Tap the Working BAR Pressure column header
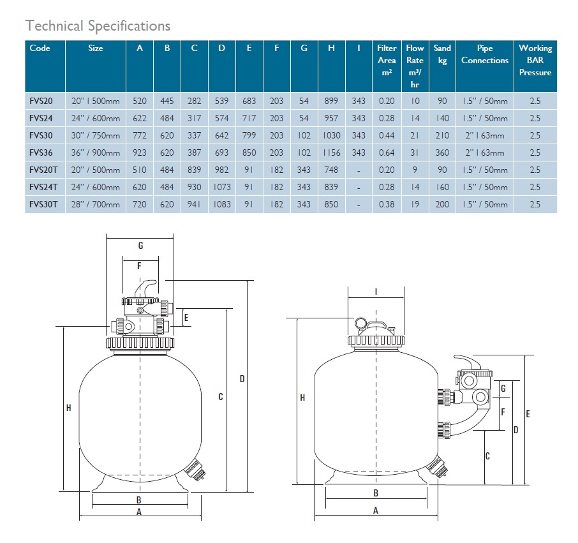pos(535,60)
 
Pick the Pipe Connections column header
pos(484,54)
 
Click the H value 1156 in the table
pos(331,152)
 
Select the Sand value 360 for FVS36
pos(441,152)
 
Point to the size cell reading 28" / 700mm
pos(95,204)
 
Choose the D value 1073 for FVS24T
pos(221,187)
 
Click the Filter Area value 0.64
pos(386,152)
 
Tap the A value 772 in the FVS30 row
pos(139,135)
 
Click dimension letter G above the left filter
pos(140,246)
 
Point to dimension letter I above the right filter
pos(376,292)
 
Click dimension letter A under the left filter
pos(138,512)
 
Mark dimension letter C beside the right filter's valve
pos(487,456)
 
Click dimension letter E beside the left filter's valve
pos(186,317)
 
